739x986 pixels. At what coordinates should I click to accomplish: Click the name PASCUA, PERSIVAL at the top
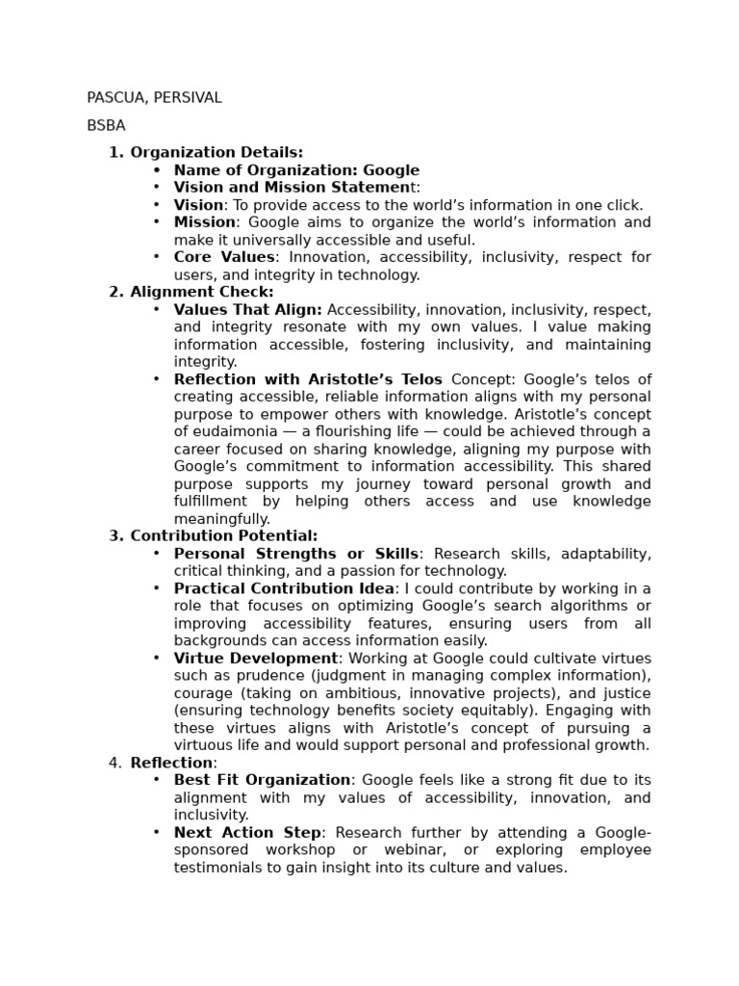coord(154,98)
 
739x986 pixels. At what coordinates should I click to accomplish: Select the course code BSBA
coord(106,126)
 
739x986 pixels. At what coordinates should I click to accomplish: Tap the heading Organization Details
coord(216,152)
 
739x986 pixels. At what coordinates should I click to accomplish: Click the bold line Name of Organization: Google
coord(296,170)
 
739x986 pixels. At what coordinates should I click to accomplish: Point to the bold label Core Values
coord(223,257)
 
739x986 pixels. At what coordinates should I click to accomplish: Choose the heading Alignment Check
coord(201,292)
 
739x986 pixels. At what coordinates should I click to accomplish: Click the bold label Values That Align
coord(247,310)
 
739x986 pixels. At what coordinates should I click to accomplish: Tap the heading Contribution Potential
coord(223,536)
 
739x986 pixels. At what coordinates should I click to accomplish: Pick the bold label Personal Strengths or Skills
coord(295,554)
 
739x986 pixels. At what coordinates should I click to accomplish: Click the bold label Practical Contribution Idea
coord(284,588)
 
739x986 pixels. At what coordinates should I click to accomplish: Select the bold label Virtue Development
coord(255,659)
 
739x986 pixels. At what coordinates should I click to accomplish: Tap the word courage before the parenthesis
coord(204,693)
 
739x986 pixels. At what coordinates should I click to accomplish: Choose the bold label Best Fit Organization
coord(262,780)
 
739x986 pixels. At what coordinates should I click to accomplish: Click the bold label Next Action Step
coord(248,833)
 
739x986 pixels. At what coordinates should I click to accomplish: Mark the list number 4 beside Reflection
coord(115,764)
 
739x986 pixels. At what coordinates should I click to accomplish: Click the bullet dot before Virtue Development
coord(157,659)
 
